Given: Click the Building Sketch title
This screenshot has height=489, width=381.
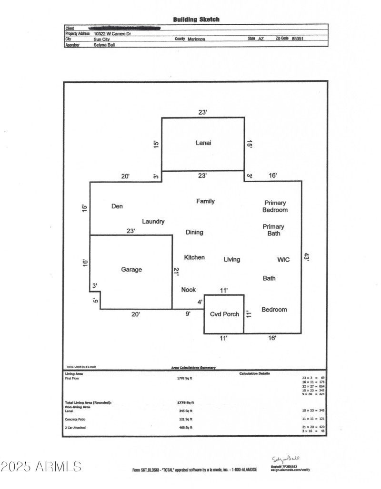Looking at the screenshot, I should pyautogui.click(x=196, y=20).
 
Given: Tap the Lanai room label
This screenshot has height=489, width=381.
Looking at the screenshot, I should pyautogui.click(x=203, y=143).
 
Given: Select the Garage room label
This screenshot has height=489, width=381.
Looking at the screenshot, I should pyautogui.click(x=131, y=270).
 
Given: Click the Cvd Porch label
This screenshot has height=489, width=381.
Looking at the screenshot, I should pyautogui.click(x=224, y=314).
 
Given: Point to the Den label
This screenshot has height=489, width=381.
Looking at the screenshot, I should pyautogui.click(x=117, y=206).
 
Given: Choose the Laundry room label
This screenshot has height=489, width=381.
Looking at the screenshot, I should pyautogui.click(x=153, y=221).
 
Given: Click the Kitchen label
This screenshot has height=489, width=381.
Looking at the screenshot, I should pyautogui.click(x=194, y=257).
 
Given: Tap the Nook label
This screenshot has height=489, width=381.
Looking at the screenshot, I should pyautogui.click(x=189, y=290).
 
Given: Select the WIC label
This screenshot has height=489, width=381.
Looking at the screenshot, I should pyautogui.click(x=283, y=260).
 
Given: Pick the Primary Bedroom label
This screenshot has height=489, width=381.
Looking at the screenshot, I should pyautogui.click(x=275, y=206).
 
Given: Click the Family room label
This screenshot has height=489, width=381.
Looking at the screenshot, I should pyautogui.click(x=205, y=201).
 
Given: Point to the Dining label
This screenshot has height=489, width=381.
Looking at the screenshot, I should pyautogui.click(x=194, y=232).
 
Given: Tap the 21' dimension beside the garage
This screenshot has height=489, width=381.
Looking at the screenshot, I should pyautogui.click(x=177, y=272).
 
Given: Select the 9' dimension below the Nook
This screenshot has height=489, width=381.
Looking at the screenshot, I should pyautogui.click(x=188, y=313).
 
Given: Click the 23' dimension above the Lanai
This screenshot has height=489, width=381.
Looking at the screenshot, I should pyautogui.click(x=202, y=113).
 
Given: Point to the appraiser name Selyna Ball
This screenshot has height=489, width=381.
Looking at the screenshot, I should pyautogui.click(x=104, y=45).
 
